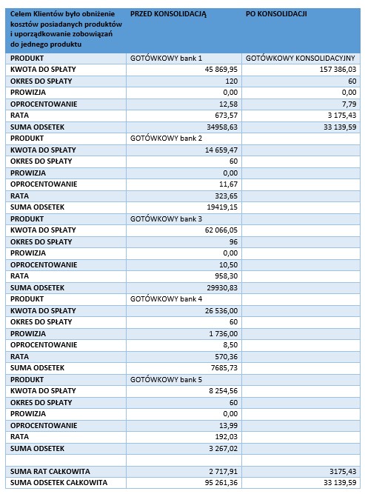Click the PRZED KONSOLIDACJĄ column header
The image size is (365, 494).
click(168, 14)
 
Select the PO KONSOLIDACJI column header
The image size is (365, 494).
click(276, 14)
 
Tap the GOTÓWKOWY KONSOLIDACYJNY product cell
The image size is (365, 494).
click(300, 59)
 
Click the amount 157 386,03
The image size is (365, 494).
click(338, 70)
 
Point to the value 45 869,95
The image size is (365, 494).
click(221, 70)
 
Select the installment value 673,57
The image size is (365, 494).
click(226, 116)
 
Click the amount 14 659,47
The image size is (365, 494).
click(221, 150)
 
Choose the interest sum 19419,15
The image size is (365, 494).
click(222, 207)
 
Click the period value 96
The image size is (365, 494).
click(233, 242)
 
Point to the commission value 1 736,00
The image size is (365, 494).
click(224, 333)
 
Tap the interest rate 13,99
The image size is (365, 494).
click(228, 425)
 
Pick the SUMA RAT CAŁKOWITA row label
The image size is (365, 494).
click(50, 471)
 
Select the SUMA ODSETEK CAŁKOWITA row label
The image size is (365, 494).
click(58, 483)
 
